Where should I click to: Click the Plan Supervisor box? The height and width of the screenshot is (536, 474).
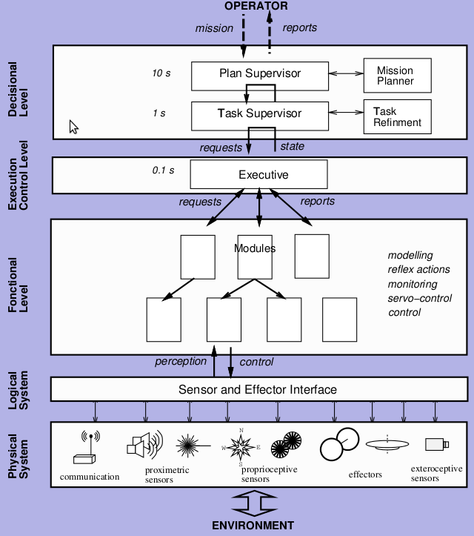(x=258, y=73)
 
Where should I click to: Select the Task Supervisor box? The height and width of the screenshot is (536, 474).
(x=258, y=114)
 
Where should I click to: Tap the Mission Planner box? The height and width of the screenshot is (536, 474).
(x=395, y=76)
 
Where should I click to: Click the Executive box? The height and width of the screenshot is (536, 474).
(x=258, y=175)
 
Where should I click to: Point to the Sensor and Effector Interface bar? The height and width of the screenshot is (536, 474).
(x=258, y=389)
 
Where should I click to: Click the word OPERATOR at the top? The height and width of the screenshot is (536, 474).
(x=256, y=6)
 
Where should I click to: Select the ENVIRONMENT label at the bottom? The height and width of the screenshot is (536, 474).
(x=253, y=526)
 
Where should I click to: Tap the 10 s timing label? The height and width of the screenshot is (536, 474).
(x=161, y=73)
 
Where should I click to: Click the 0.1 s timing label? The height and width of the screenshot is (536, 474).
(x=163, y=171)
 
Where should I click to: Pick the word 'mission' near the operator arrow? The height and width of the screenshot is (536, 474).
(x=214, y=28)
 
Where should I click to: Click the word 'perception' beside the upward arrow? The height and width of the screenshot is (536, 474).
(x=181, y=362)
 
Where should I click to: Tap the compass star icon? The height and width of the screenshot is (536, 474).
(x=241, y=446)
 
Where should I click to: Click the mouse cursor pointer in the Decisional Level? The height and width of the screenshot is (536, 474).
(x=73, y=127)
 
